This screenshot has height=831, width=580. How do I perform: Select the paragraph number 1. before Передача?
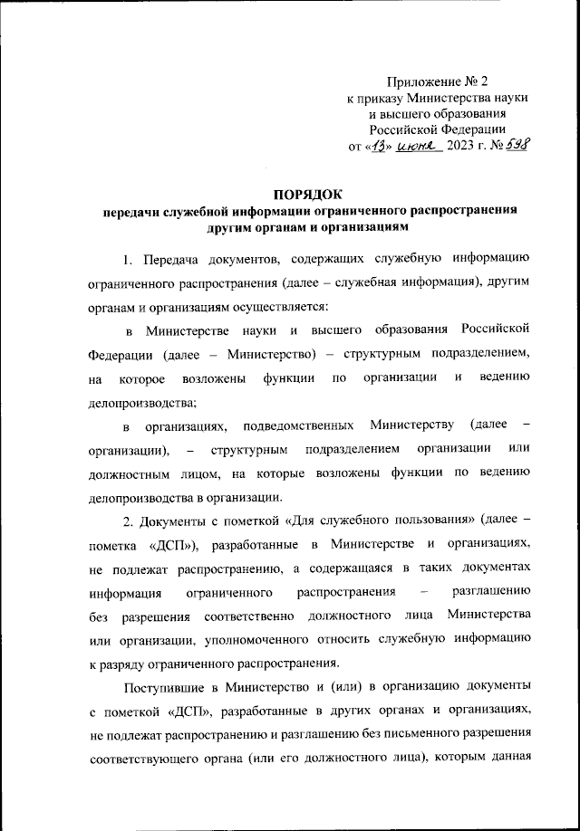tap(130, 260)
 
